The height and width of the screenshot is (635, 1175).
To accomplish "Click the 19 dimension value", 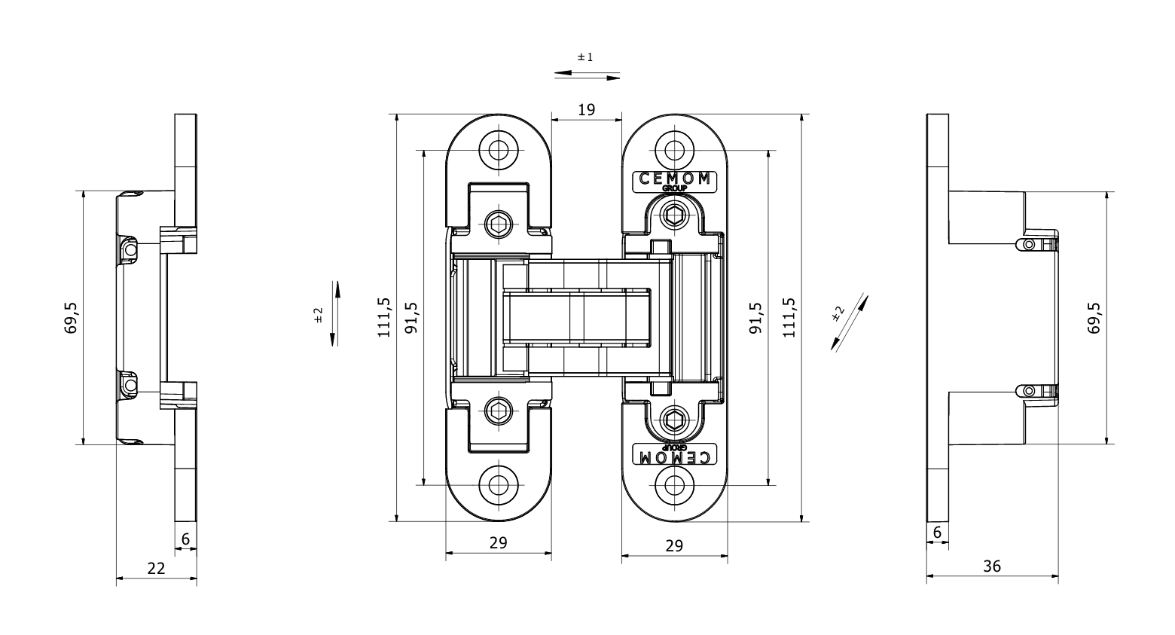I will [586, 110].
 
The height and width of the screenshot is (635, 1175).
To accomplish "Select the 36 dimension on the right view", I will [992, 566].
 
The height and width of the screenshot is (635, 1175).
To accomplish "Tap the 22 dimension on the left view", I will [156, 569].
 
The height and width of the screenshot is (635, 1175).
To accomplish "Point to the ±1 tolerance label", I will [585, 57].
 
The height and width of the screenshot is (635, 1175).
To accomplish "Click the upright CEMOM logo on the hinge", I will [674, 179].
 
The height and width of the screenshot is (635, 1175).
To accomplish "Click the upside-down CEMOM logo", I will [674, 456].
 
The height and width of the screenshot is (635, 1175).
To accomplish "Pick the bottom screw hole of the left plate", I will [498, 484].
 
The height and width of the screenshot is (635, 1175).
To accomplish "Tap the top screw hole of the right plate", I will [674, 149].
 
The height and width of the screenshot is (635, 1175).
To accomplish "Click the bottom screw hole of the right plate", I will [674, 484].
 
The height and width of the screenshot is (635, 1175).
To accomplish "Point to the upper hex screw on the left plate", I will [498, 223].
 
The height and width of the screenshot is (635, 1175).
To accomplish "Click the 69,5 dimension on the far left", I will [72, 318].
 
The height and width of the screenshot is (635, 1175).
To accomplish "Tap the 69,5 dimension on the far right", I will [1094, 318].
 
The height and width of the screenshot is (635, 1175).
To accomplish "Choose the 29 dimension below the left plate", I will [498, 542].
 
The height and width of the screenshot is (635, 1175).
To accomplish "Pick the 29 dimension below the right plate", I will [674, 545].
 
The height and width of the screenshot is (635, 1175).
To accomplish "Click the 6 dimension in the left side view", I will [185, 539].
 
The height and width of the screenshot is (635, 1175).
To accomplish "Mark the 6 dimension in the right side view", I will [937, 533].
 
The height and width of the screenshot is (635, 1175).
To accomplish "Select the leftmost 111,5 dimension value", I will [384, 317].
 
